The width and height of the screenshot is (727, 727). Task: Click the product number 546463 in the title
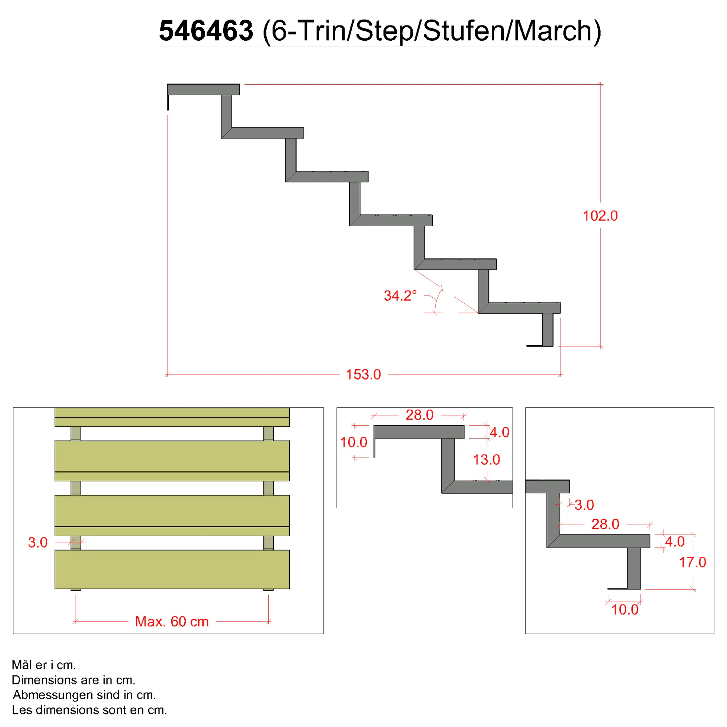(x=206, y=31)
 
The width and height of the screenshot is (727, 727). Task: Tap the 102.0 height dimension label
(x=600, y=216)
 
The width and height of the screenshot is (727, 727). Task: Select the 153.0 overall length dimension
(x=363, y=375)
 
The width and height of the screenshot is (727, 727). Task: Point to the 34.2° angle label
(x=400, y=296)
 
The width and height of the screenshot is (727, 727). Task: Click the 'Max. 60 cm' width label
(x=172, y=622)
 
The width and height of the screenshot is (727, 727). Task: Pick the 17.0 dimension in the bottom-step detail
(x=692, y=562)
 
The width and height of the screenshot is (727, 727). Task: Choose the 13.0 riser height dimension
(x=486, y=459)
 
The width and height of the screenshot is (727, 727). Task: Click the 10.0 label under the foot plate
(x=624, y=610)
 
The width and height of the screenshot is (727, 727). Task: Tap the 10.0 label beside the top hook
(x=353, y=442)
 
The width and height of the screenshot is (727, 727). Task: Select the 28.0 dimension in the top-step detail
(x=419, y=415)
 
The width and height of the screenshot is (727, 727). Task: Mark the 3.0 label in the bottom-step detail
(x=584, y=505)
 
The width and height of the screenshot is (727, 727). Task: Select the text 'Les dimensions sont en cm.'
(x=89, y=710)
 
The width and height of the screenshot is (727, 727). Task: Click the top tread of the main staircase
(x=203, y=90)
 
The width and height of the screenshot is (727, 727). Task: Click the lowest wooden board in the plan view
(x=172, y=569)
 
